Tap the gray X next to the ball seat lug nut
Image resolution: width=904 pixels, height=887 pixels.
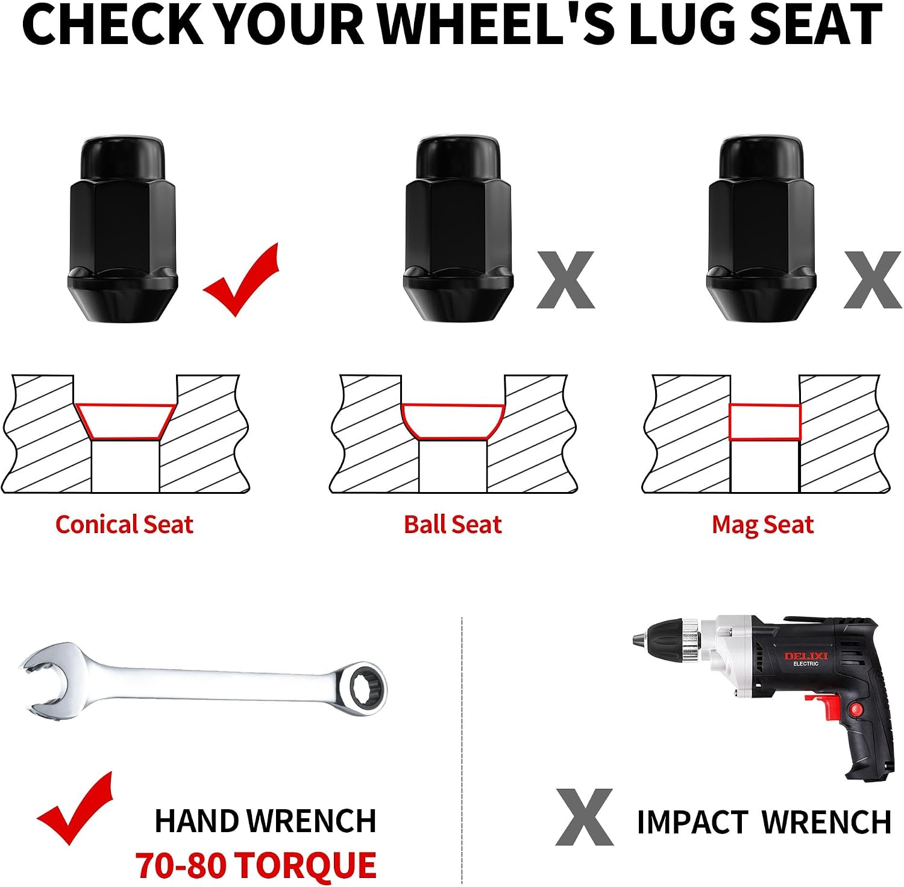pos(565,280)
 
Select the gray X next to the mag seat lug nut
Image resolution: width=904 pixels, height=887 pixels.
pos(873,280)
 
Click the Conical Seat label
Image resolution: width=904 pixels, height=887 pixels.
pos(124,525)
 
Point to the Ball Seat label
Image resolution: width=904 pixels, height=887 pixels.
pos(453,525)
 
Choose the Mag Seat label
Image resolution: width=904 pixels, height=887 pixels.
pos(762,525)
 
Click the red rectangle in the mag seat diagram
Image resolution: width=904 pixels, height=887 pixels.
pos(765,405)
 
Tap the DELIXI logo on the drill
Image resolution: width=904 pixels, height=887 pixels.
pos(806,657)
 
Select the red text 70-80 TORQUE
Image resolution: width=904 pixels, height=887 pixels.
pos(256,865)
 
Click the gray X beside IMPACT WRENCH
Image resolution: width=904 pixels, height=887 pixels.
pos(584,817)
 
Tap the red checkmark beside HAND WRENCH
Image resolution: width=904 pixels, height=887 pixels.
pos(75,808)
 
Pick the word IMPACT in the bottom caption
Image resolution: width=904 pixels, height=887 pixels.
pos(692,822)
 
